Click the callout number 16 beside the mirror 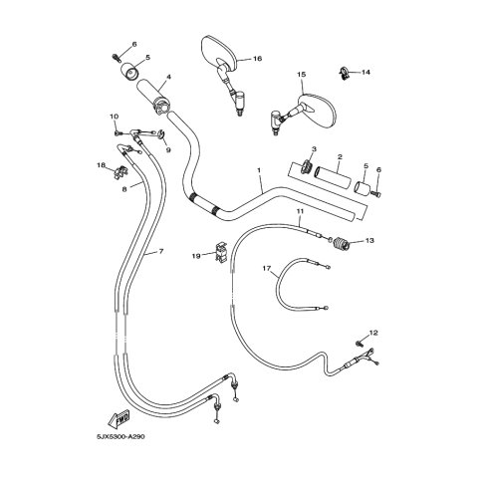pos(257,59)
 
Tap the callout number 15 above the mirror pos(301,75)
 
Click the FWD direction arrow pos(119,419)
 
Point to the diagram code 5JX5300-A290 pos(120,436)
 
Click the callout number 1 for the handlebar pos(259,170)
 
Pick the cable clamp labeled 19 pos(220,252)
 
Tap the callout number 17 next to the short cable pos(267,268)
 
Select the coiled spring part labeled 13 pos(341,244)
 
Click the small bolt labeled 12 pos(359,343)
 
